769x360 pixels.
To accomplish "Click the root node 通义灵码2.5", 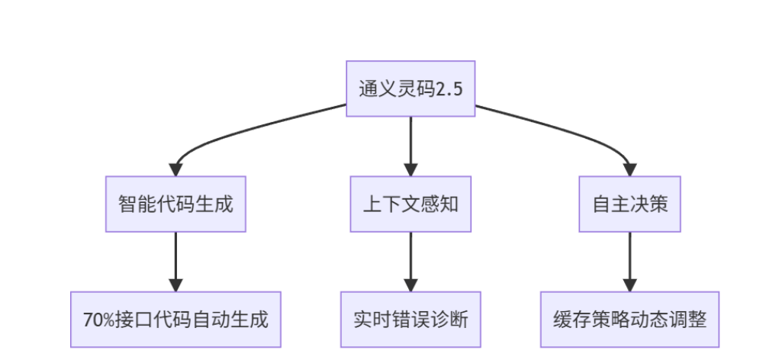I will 410,88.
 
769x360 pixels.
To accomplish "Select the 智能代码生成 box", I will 175,204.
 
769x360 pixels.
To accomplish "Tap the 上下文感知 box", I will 410,204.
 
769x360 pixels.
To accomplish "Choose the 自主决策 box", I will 629,204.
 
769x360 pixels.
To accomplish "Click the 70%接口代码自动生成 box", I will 175,319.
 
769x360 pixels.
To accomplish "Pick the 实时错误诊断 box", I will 410,319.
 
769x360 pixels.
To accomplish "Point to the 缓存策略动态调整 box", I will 629,319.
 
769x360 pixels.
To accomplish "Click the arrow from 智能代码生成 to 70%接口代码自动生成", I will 175,259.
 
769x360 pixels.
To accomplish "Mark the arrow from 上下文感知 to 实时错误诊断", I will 410,259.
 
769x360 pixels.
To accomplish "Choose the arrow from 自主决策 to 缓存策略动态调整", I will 629,259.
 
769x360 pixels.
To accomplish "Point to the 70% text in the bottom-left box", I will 97,320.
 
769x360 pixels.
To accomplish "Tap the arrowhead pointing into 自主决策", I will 629,169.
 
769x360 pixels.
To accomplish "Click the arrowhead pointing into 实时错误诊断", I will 410,284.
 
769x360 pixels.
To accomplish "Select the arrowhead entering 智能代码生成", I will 176,169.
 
